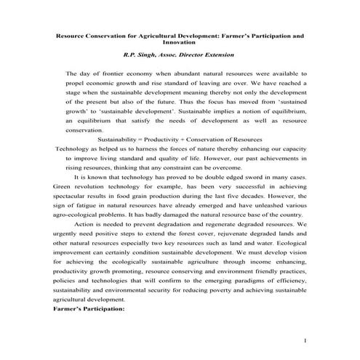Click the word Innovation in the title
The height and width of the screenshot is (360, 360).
tap(180, 42)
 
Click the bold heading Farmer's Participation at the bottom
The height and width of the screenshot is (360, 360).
tap(89, 308)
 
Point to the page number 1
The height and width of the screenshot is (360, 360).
tap(306, 341)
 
